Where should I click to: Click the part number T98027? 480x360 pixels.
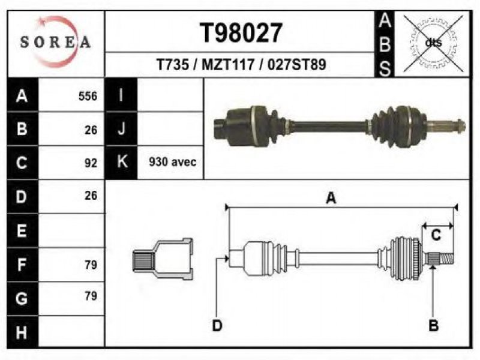coord(241,33)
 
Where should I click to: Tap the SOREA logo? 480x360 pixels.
coord(55,42)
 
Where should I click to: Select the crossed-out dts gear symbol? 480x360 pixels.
coord(433,43)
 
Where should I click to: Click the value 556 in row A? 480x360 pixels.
coord(88,96)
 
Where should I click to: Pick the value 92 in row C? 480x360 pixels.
coord(91,163)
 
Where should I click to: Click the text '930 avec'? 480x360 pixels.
coord(173,161)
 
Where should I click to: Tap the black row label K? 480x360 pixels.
coord(122,162)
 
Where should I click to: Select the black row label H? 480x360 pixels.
coord(22,332)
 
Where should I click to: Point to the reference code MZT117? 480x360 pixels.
coord(228,65)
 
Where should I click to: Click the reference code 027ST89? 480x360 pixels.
coord(296,65)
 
